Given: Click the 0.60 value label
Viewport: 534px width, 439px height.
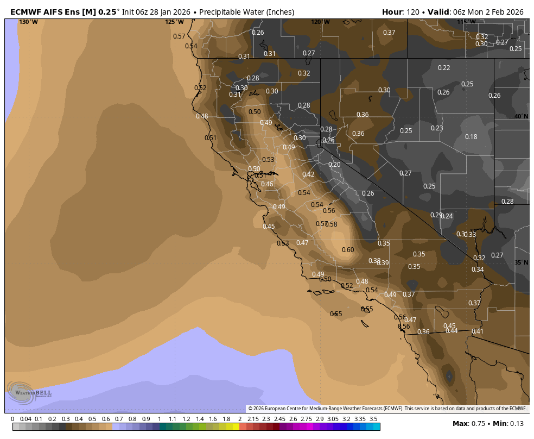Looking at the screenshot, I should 348,250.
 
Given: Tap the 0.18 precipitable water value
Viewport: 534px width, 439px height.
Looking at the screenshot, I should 471,137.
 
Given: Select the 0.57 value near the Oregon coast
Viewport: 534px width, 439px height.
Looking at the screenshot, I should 179,36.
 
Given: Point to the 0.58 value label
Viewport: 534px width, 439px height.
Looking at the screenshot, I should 332,224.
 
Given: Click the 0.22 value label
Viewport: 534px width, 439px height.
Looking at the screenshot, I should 444,68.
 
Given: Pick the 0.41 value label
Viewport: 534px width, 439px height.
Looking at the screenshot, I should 477,331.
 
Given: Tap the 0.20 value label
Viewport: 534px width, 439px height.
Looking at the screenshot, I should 334,165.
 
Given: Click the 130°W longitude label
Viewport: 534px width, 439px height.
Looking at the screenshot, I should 28,22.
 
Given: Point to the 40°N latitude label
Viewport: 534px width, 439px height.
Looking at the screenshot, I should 522,117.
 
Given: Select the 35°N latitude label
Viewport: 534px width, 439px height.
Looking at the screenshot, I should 522,262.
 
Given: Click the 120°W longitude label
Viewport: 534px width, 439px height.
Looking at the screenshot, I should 320,22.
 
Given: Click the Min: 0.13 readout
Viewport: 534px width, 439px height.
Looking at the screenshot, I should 510,423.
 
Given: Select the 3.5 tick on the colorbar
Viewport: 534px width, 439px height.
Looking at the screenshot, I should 373,419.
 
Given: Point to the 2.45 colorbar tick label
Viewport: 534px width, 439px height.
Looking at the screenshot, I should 279,419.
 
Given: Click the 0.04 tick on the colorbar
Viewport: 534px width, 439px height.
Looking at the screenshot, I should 26,419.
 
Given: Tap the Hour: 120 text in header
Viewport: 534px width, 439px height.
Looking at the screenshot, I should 401,12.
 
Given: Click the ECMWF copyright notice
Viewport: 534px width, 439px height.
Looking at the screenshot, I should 387,409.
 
